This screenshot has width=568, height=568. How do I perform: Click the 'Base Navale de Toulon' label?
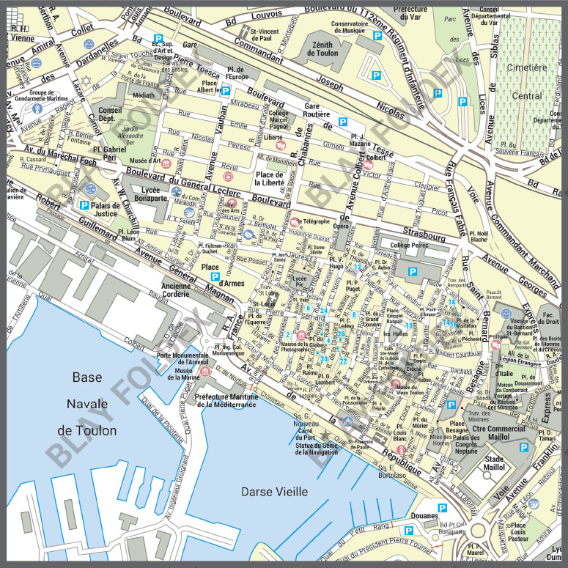point(87,404)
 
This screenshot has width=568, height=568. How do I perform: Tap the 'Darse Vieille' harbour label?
point(274,492)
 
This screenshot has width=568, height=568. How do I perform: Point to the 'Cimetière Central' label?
point(528,81)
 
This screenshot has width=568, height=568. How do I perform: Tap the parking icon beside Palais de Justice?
point(85,204)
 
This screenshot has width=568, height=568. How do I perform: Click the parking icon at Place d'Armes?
point(215,278)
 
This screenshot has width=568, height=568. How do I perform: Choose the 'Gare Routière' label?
point(320,111)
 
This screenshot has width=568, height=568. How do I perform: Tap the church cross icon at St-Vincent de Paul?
point(245,32)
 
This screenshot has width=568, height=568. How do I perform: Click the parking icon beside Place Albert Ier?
point(226,91)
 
